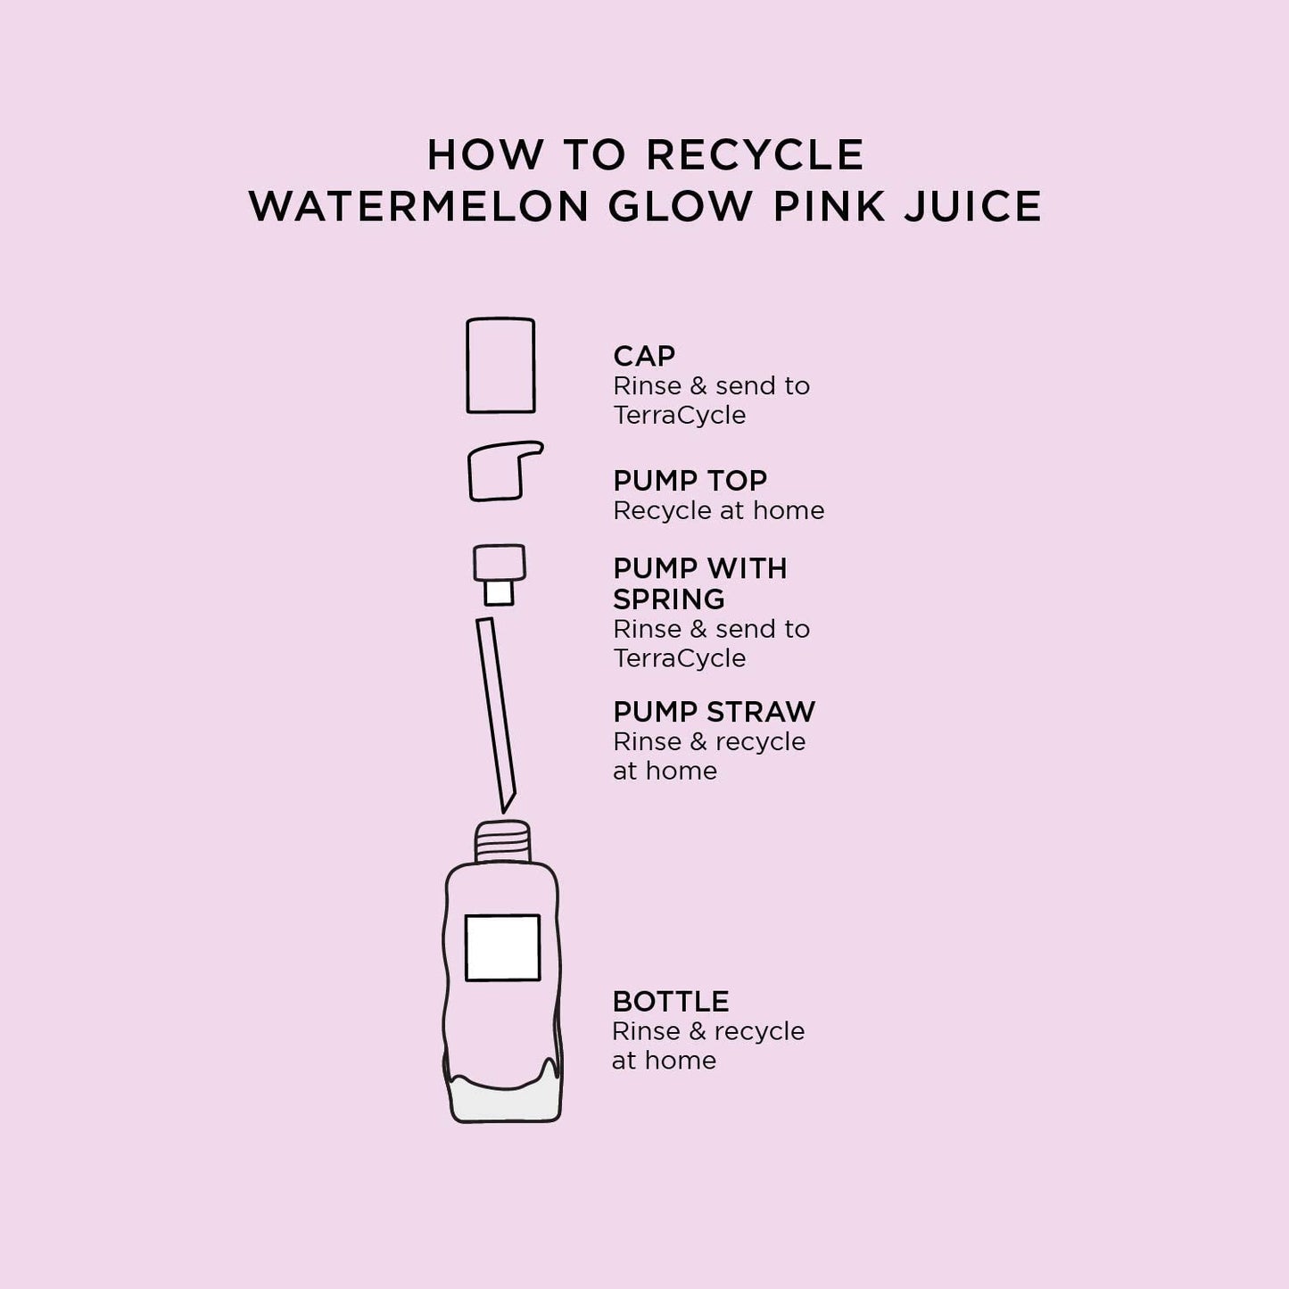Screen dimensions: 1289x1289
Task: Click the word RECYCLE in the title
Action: point(755,155)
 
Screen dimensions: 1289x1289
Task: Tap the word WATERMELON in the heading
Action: point(419,207)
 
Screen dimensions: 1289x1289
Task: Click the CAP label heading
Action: point(644,356)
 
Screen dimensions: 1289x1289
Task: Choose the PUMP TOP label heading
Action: point(690,481)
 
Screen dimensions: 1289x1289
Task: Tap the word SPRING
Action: point(668,599)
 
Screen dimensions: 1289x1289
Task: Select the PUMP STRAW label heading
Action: point(714,712)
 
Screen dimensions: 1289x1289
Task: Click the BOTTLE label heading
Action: point(671,1002)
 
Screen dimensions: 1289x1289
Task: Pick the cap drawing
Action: point(500,366)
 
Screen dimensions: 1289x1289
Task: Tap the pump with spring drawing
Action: point(499,574)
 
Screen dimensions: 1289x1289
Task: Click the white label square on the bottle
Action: point(502,947)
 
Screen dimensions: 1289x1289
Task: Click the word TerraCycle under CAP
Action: point(679,415)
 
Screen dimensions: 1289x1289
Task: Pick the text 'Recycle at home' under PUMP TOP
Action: point(718,510)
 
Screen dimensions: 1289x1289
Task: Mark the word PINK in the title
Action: point(829,207)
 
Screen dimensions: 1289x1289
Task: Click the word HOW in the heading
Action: point(484,155)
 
